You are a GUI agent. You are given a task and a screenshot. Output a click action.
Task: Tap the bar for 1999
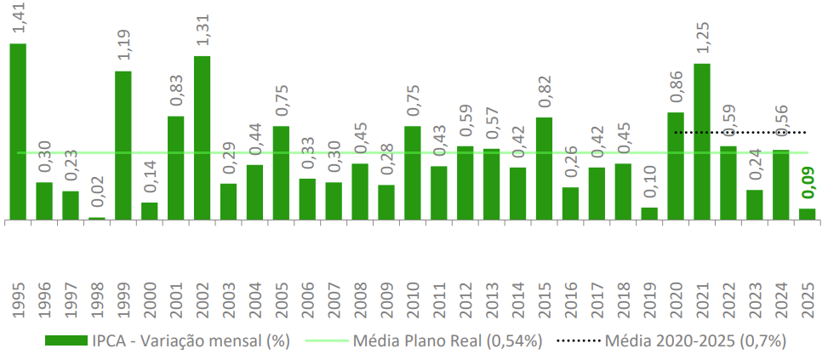pos(123,146)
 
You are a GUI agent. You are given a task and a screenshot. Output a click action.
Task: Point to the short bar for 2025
pos(807,214)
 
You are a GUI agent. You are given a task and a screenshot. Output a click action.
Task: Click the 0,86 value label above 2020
pos(677,89)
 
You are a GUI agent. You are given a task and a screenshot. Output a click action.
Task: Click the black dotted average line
pos(740,133)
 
